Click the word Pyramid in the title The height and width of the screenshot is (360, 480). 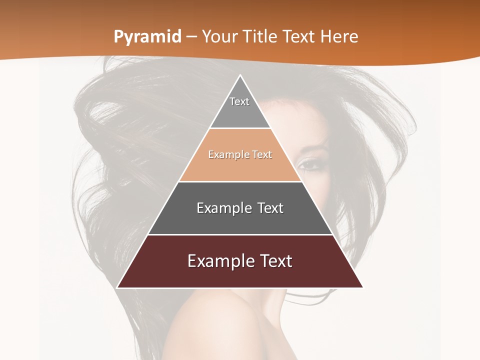pyautogui.click(x=147, y=37)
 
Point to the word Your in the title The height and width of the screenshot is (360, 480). pyautogui.click(x=219, y=37)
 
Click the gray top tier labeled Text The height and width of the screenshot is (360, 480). pyautogui.click(x=239, y=107)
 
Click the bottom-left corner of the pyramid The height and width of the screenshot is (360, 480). pyautogui.click(x=118, y=287)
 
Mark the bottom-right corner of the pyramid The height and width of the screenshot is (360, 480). pyautogui.click(x=362, y=287)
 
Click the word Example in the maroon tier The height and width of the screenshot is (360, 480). pyautogui.click(x=220, y=261)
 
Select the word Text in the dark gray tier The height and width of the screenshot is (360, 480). pyautogui.click(x=268, y=208)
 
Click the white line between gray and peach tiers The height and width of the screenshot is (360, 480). pyautogui.click(x=240, y=128)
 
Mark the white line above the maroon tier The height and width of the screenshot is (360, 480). pyautogui.click(x=240, y=234)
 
